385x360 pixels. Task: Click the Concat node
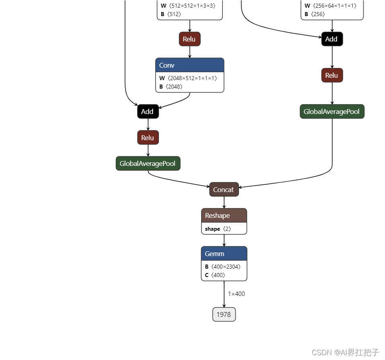pyautogui.click(x=224, y=190)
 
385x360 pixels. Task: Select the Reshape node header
pyautogui.click(x=224, y=215)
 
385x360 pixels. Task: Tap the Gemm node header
pyautogui.click(x=224, y=254)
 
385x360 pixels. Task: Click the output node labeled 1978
pyautogui.click(x=224, y=314)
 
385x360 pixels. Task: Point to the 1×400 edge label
pyautogui.click(x=237, y=294)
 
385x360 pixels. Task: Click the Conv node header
pyautogui.click(x=189, y=65)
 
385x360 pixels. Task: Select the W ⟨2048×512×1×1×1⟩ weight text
pyautogui.click(x=188, y=78)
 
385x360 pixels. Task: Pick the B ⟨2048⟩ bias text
pyautogui.click(x=171, y=87)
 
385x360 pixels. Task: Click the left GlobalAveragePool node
pyautogui.click(x=148, y=163)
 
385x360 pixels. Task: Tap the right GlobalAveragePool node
pyautogui.click(x=332, y=112)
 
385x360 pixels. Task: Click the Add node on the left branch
pyautogui.click(x=148, y=112)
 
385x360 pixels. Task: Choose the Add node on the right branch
pyautogui.click(x=332, y=39)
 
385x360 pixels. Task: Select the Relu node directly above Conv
pyautogui.click(x=189, y=39)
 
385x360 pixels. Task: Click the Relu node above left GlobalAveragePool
pyautogui.click(x=148, y=138)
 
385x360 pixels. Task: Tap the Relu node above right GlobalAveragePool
pyautogui.click(x=332, y=75)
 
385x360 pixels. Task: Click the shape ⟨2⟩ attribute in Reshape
pyautogui.click(x=218, y=229)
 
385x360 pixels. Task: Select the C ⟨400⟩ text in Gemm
pyautogui.click(x=215, y=275)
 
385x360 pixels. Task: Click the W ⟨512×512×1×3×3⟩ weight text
pyautogui.click(x=188, y=6)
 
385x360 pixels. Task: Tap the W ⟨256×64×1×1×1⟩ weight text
pyautogui.click(x=331, y=6)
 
